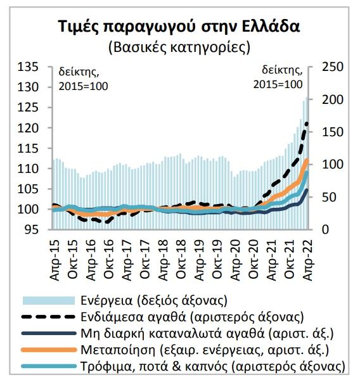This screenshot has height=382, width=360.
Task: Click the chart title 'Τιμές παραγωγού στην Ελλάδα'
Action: click(x=179, y=27)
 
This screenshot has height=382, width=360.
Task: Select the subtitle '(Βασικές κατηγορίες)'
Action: click(x=179, y=48)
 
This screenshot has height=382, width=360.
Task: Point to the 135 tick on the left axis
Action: click(x=28, y=67)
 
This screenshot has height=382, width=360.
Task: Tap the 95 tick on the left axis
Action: click(x=32, y=229)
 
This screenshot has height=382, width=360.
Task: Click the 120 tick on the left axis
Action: click(x=28, y=128)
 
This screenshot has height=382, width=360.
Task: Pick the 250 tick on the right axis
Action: click(x=333, y=67)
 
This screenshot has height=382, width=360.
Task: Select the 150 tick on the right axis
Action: click(x=333, y=132)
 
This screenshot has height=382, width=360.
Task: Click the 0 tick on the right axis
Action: click(x=326, y=229)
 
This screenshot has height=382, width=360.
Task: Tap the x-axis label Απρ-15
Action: click(x=55, y=260)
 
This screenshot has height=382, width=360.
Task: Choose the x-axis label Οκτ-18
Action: click(x=181, y=259)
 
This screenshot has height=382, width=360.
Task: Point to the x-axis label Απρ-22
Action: click(x=307, y=260)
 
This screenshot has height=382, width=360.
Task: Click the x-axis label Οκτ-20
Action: click(x=254, y=259)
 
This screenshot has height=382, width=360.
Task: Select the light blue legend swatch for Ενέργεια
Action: click(x=49, y=300)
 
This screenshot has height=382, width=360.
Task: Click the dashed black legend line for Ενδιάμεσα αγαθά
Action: click(x=49, y=317)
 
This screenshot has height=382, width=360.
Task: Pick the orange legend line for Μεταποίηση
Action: click(x=49, y=350)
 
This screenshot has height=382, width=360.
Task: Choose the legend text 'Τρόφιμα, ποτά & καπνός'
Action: click(x=154, y=366)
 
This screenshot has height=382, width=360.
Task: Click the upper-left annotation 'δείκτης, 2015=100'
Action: click(x=83, y=79)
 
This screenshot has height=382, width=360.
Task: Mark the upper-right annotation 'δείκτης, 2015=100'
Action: click(x=278, y=77)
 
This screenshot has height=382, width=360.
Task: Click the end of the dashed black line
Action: click(x=307, y=124)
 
